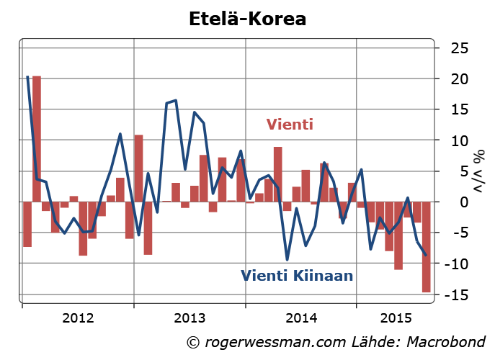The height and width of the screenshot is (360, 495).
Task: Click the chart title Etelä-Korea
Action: click(x=247, y=18)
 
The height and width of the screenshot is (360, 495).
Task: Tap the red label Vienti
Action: click(x=290, y=125)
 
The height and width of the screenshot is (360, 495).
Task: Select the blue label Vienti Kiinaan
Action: click(x=297, y=274)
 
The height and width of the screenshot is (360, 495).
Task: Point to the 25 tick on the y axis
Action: click(x=460, y=48)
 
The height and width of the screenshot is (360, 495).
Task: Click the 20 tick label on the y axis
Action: click(x=460, y=79)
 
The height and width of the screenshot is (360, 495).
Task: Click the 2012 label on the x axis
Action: click(x=79, y=318)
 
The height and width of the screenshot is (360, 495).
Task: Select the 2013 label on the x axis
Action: click(x=190, y=318)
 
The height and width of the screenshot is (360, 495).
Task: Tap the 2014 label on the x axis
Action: click(x=301, y=318)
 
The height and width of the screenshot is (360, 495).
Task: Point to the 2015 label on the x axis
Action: click(x=396, y=318)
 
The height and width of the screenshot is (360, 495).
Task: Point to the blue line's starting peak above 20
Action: click(x=27, y=76)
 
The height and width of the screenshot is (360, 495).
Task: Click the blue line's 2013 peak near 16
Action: click(x=176, y=101)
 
